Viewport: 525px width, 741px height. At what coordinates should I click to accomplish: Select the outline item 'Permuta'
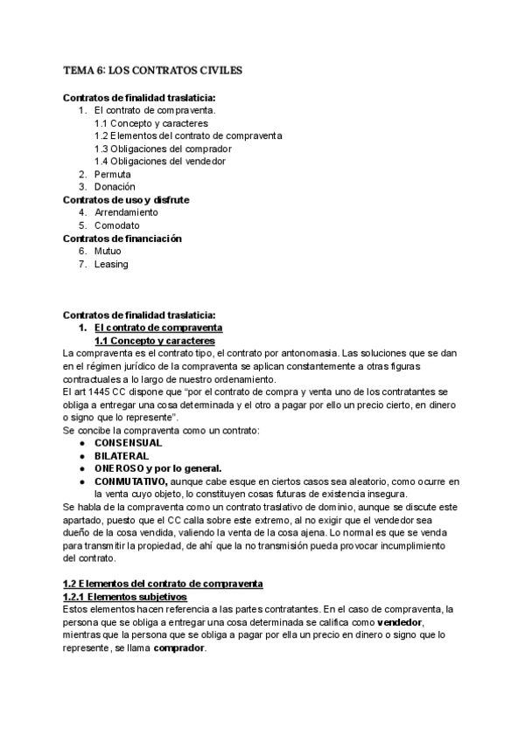[x=114, y=174]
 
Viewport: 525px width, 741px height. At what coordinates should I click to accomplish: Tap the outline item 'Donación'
[x=115, y=186]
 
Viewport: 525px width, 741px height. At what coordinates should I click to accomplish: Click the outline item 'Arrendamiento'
[x=126, y=212]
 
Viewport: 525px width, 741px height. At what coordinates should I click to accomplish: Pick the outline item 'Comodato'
[x=117, y=225]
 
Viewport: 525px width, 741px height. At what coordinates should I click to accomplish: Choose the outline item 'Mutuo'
[x=108, y=251]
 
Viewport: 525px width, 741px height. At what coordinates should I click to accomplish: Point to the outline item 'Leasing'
[x=111, y=264]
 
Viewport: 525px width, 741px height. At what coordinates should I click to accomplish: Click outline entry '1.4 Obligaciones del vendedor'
[x=159, y=161]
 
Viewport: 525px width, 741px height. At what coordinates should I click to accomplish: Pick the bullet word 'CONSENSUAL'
[x=128, y=443]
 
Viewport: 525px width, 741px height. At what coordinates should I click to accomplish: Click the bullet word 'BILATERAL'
[x=122, y=455]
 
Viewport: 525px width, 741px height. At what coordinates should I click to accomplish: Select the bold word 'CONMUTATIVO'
[x=129, y=481]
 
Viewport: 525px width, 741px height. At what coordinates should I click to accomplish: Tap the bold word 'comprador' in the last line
[x=179, y=648]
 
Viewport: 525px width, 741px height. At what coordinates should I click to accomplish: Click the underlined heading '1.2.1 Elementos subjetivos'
[x=124, y=596]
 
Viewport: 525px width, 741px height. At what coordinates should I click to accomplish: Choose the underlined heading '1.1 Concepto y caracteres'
[x=154, y=340]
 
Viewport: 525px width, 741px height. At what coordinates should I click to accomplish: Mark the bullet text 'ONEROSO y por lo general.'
[x=157, y=467]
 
